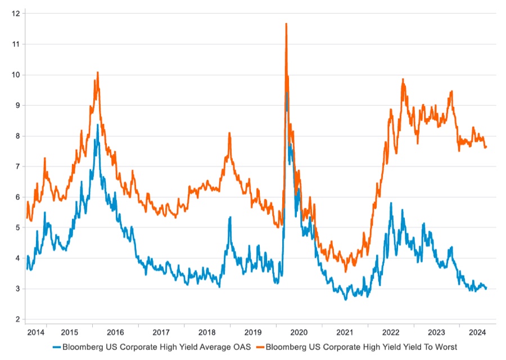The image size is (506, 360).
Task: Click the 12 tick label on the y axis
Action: (x=16, y=13)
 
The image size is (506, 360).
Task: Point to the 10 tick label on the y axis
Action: (x=16, y=74)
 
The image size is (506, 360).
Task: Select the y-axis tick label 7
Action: (x=18, y=166)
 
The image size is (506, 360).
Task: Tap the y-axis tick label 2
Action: (x=18, y=319)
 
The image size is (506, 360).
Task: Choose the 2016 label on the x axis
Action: (x=115, y=332)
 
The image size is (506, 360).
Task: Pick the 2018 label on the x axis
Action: (x=207, y=332)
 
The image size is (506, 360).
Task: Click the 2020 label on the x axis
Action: (x=299, y=332)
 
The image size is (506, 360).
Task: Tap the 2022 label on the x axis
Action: (x=390, y=332)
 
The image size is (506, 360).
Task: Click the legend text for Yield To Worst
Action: (x=362, y=346)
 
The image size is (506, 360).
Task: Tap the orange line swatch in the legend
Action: (x=260, y=346)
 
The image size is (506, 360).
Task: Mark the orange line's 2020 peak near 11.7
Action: (x=286, y=24)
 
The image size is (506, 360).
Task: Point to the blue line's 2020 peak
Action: (x=287, y=93)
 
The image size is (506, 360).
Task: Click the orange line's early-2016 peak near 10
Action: (x=97, y=72)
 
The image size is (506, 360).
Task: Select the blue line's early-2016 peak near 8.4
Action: (x=97, y=125)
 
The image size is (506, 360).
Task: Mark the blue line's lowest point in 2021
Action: (x=346, y=299)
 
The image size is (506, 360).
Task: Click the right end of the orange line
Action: (x=486, y=147)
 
